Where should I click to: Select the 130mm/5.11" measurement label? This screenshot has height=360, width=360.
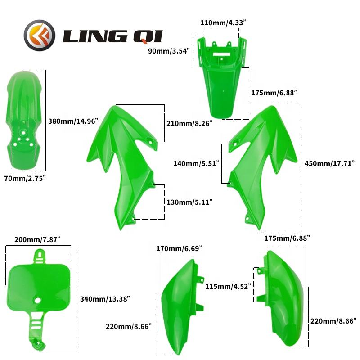pyautogui.click(x=189, y=202)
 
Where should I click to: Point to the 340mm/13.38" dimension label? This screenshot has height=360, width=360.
pyautogui.click(x=105, y=298)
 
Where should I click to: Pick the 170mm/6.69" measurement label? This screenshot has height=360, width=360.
pyautogui.click(x=179, y=248)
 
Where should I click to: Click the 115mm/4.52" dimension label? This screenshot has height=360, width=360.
pyautogui.click(x=227, y=286)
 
